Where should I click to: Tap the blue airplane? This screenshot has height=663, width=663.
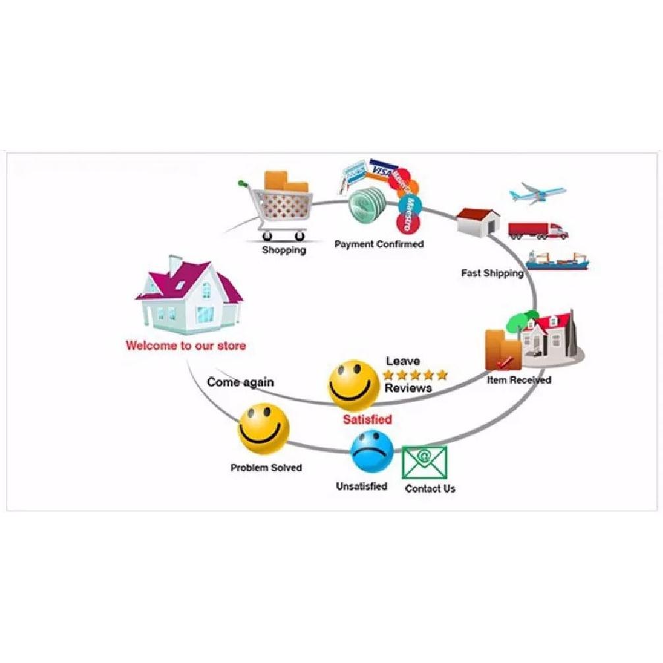point(537,194)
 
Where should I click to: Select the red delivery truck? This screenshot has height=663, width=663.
point(538,231)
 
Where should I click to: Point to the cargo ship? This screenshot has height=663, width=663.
point(558,260)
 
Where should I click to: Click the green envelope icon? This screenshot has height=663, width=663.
point(424,462)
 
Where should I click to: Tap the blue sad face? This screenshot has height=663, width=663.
point(372,451)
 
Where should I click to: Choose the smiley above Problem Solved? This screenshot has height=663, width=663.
point(264,428)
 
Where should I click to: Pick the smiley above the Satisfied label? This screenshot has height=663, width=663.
point(355,385)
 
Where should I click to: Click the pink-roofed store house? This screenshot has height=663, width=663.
point(189,295)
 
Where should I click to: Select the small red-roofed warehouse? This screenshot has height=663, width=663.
point(478,222)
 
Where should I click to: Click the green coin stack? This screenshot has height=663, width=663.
point(368,205)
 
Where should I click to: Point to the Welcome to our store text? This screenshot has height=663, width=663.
point(186,346)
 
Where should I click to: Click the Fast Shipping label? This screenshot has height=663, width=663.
point(492,273)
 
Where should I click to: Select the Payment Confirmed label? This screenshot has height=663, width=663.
point(379,244)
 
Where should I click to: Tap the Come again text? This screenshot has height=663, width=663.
point(240,382)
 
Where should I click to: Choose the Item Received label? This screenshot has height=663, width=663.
point(519,380)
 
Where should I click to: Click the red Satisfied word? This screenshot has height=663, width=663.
point(368,419)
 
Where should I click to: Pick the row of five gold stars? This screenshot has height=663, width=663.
point(415,374)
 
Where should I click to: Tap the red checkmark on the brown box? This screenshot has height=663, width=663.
point(505,362)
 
